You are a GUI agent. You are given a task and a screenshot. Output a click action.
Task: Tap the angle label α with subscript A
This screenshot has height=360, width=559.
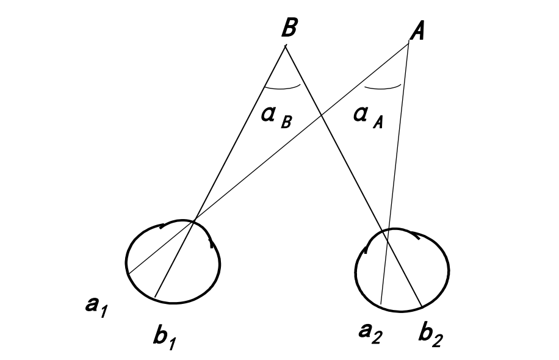[x=369, y=117]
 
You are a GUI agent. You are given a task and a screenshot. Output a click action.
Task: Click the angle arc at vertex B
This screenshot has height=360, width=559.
[x=283, y=88]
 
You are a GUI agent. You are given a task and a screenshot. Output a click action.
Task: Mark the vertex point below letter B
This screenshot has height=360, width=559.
[x=286, y=46]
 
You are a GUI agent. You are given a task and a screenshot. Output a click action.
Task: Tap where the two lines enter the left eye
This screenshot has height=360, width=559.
[x=194, y=221]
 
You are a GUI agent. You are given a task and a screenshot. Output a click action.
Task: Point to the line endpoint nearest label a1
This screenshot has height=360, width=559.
[x=129, y=273]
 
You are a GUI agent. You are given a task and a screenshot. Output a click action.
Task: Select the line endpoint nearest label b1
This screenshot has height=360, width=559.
[x=156, y=297]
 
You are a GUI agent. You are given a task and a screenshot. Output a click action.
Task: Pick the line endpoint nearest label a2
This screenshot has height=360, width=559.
[x=381, y=303]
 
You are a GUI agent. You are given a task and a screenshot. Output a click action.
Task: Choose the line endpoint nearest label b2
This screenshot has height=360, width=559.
[x=422, y=305]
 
